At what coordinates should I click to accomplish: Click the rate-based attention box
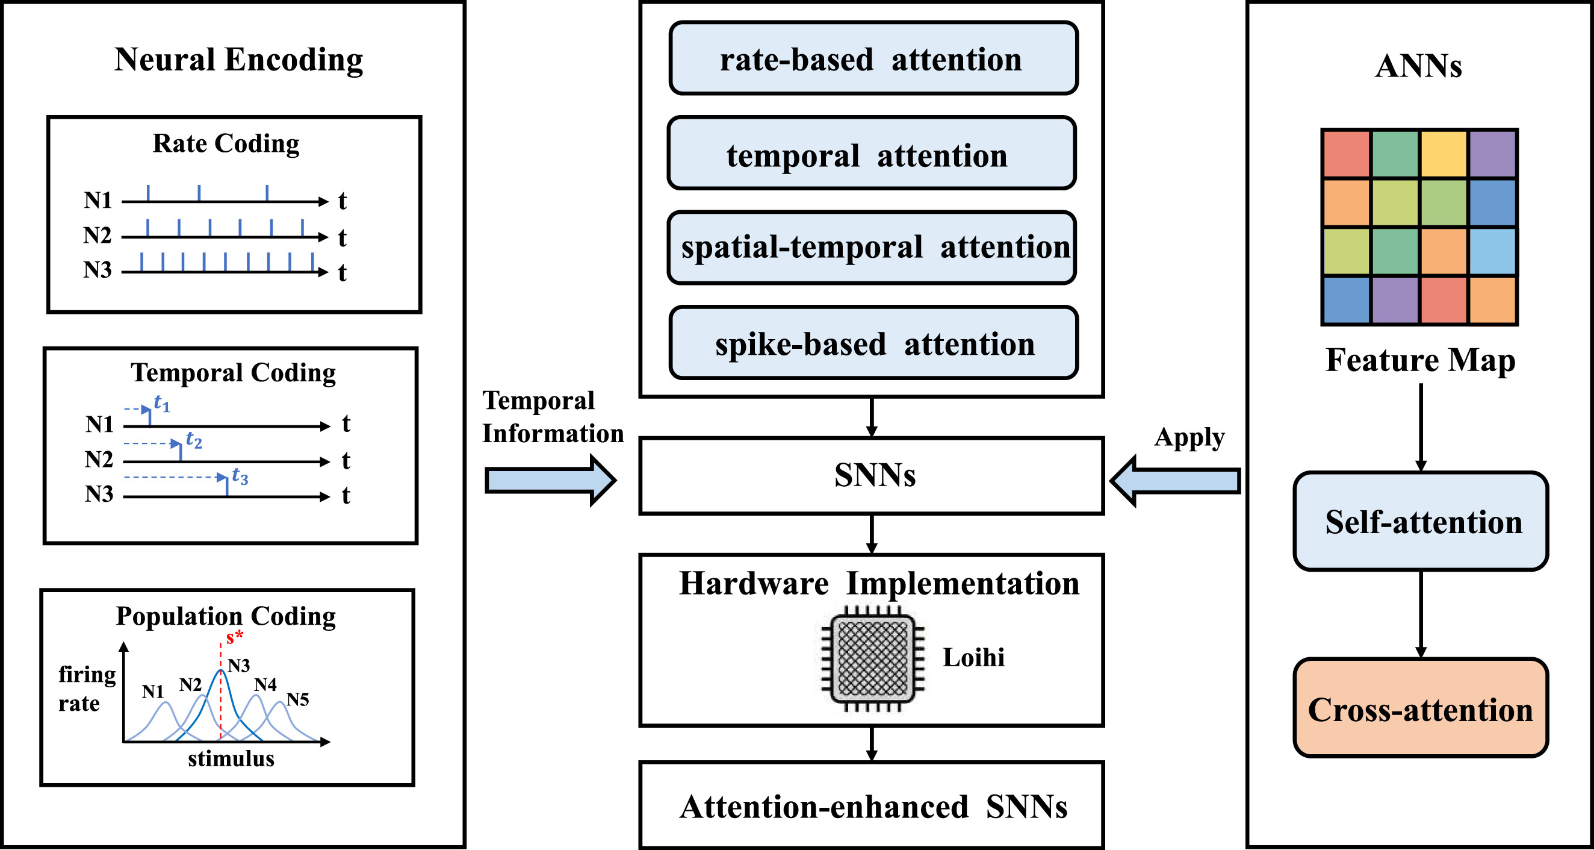873,58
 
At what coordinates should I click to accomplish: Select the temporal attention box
872,153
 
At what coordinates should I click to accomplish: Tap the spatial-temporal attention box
872,248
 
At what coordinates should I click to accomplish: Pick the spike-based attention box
873,342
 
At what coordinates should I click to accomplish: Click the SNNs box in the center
871,475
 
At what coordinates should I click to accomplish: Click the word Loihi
973,657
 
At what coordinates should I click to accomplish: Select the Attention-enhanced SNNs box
871,805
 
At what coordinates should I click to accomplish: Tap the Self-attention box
1421,521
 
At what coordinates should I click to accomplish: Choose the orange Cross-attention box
1421,708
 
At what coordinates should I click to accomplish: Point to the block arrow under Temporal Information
551,480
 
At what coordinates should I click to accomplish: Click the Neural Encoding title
238,60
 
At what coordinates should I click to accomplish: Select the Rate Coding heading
226,143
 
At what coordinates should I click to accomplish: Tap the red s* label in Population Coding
235,636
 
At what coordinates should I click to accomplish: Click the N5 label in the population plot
297,699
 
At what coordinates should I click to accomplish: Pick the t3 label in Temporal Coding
240,475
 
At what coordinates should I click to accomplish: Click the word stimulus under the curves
231,758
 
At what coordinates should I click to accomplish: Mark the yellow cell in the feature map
1444,154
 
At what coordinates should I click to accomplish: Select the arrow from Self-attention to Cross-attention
1421,614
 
